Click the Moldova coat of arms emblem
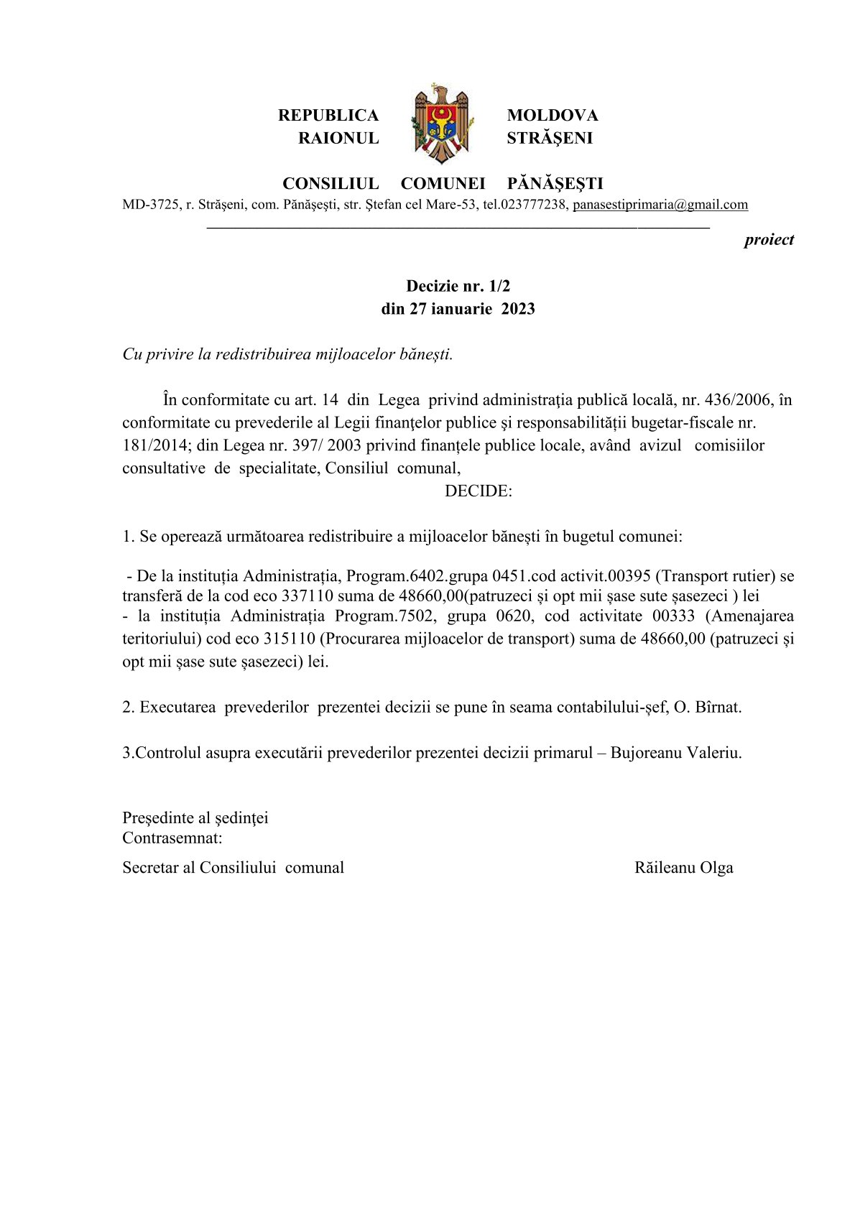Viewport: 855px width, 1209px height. click(442, 124)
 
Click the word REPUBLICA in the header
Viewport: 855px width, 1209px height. click(328, 116)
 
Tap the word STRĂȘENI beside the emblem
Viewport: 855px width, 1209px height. click(549, 138)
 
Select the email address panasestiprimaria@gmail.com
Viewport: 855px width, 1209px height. click(660, 205)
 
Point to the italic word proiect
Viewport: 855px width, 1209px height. click(768, 240)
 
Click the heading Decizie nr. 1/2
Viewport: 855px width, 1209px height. click(458, 286)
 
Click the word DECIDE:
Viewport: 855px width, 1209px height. click(478, 491)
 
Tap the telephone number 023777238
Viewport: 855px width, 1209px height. click(533, 205)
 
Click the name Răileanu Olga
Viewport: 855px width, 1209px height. click(683, 868)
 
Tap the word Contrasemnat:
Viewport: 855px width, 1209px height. click(172, 838)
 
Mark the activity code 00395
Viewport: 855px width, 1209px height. click(629, 576)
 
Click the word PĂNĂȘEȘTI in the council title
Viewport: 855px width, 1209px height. click(555, 184)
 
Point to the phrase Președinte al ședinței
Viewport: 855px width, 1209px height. click(195, 818)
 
